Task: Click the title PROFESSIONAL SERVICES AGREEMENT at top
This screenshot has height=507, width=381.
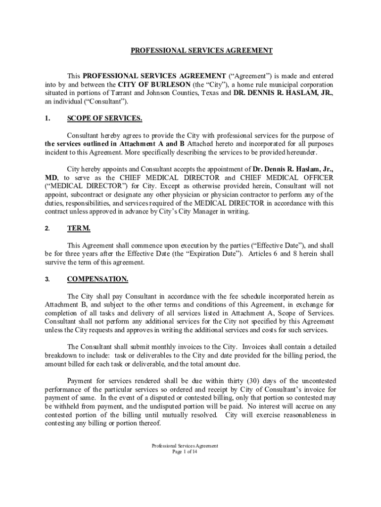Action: click(201, 51)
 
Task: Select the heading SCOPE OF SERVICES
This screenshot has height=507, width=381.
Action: click(104, 118)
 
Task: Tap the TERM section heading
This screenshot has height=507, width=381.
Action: click(79, 228)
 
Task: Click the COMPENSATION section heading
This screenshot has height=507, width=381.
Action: click(97, 279)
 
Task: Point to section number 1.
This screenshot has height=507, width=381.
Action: click(47, 118)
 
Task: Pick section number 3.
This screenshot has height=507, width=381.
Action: click(47, 279)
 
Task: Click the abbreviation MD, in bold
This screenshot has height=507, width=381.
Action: click(51, 177)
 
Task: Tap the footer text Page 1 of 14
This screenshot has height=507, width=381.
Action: click(185, 452)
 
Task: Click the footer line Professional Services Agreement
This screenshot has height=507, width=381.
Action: click(185, 446)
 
